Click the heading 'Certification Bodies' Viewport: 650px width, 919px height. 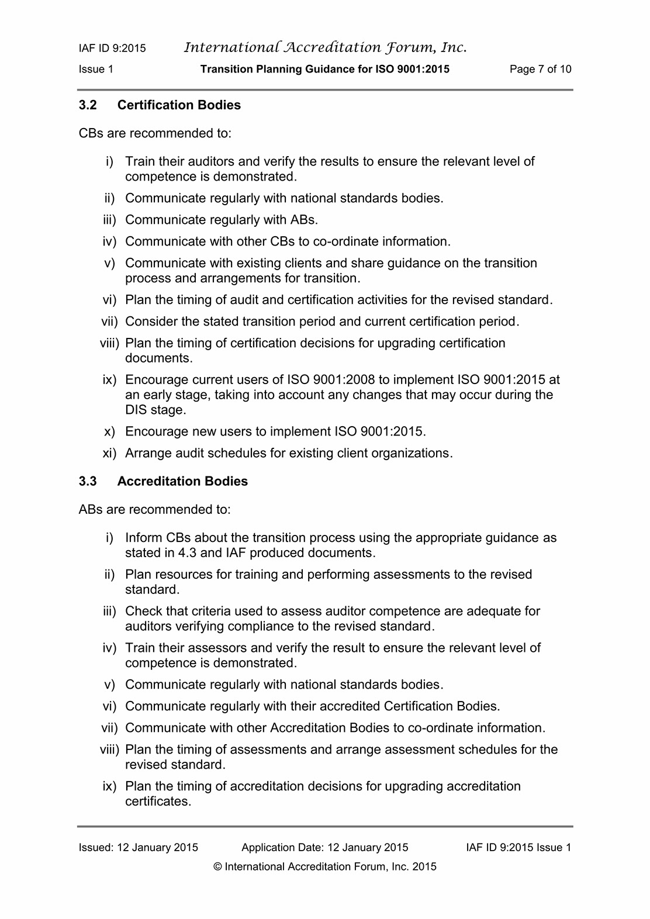coord(179,105)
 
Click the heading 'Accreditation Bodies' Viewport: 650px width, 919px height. coord(182,481)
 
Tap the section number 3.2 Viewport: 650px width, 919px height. coord(88,105)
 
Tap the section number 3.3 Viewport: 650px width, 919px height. coord(88,481)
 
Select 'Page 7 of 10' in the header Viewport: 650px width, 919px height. coord(540,69)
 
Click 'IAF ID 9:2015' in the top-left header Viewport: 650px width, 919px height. coord(112,48)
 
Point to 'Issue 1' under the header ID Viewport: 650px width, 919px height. coord(96,69)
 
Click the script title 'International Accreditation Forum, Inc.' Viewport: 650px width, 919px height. coord(325,47)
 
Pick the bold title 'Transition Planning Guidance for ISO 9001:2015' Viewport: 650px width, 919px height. coord(325,69)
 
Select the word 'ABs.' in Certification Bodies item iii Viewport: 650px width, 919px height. coord(304,220)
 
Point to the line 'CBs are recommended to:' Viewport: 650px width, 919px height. coord(155,133)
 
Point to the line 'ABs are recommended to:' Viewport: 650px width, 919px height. coord(155,510)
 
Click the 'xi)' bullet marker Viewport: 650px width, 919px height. coord(109,453)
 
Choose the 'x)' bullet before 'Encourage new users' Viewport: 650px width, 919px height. coord(110,431)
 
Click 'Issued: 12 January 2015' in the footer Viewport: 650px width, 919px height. coord(139,848)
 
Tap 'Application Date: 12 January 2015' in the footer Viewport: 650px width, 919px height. coord(325,848)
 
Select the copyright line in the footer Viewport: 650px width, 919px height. coord(325,867)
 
